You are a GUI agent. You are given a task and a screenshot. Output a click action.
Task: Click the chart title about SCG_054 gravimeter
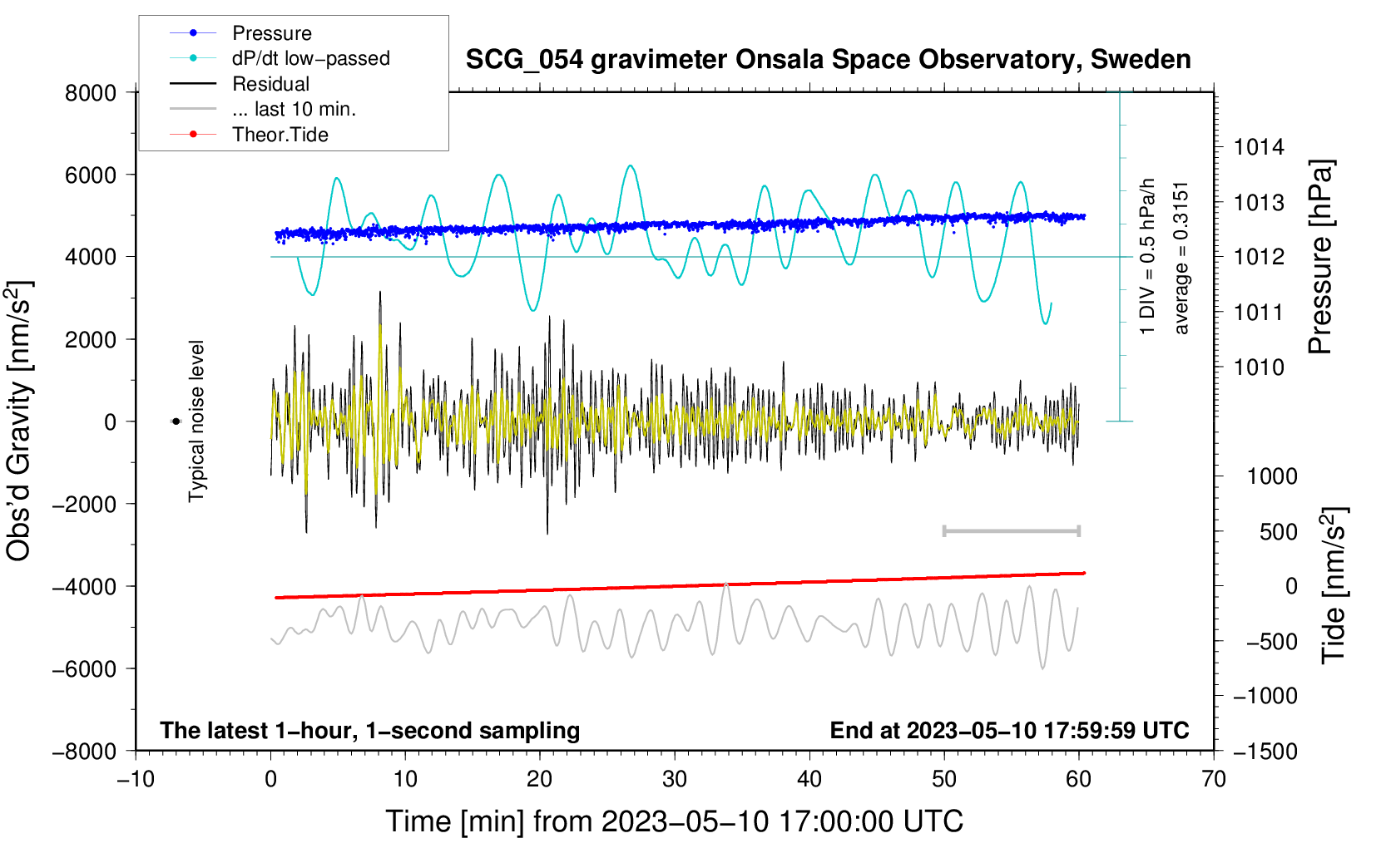[828, 60]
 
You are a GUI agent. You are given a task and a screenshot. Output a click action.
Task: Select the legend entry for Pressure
[271, 33]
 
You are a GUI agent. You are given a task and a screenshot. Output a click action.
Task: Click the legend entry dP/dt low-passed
[310, 58]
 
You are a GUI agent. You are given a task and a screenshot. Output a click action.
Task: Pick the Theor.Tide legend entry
[280, 135]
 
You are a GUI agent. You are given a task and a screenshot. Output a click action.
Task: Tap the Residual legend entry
[270, 84]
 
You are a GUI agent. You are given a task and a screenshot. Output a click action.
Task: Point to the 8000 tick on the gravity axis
[91, 93]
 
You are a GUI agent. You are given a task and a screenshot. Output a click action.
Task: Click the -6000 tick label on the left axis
[84, 669]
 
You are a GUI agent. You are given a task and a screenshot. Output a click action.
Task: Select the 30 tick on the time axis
[675, 779]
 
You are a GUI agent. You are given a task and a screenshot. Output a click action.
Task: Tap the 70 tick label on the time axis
[1214, 779]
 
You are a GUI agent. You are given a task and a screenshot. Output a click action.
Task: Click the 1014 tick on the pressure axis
[1259, 148]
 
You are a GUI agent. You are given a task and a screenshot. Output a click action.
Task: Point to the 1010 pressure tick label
[1259, 367]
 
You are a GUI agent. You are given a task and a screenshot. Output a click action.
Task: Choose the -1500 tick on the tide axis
[1265, 752]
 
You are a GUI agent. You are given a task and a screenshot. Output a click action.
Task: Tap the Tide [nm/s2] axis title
[1334, 585]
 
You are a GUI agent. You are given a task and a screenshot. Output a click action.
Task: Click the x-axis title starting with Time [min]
[674, 821]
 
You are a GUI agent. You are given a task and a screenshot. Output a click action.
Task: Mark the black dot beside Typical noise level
[176, 422]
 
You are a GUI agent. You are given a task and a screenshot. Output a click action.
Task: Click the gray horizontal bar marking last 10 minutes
[1011, 530]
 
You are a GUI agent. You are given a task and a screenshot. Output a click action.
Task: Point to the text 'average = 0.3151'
[1181, 258]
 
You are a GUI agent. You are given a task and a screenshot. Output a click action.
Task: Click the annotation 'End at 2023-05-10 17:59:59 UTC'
[1009, 731]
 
